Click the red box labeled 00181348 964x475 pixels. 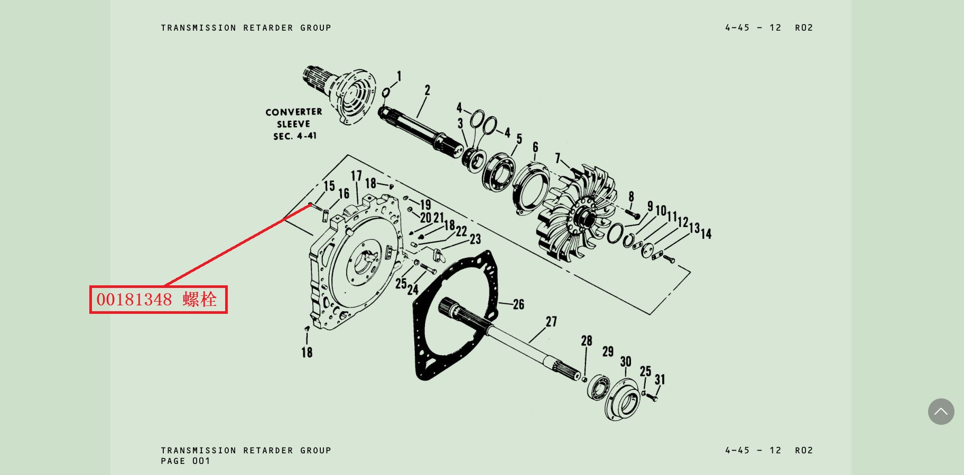[159, 300]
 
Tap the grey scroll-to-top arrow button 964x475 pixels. [941, 412]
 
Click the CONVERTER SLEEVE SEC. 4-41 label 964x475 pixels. [294, 124]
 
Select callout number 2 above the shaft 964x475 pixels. [427, 90]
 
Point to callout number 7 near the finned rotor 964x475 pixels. [558, 158]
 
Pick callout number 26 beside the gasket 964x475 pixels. [518, 304]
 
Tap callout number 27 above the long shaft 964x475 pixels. [551, 322]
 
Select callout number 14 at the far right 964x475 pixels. [706, 234]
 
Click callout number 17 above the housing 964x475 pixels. [356, 176]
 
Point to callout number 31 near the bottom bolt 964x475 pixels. [660, 379]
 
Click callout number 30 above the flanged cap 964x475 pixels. [626, 362]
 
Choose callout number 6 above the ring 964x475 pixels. [535, 147]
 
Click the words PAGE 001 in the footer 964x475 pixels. [186, 461]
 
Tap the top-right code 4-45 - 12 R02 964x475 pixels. [769, 27]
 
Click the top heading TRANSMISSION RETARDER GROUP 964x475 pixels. [246, 27]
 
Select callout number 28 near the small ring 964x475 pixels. [587, 341]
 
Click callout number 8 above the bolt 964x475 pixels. [631, 197]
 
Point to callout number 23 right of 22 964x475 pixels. [475, 239]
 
